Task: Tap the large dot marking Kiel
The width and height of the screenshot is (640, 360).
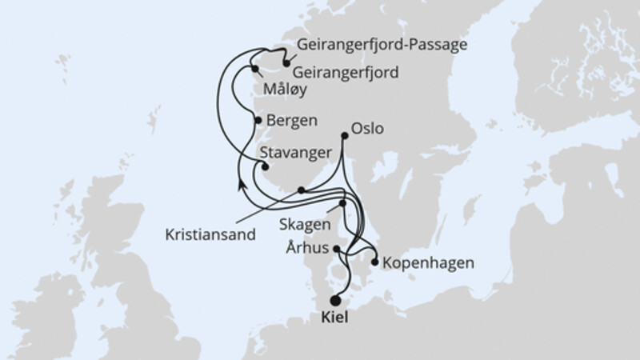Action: tap(335, 301)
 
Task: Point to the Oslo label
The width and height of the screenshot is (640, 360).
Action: tap(368, 129)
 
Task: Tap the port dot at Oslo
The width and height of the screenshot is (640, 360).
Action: tap(345, 136)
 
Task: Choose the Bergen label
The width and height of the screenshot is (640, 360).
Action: tap(292, 121)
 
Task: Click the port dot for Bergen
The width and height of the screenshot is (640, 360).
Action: tap(258, 120)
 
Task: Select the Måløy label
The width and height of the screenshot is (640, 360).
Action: tap(286, 92)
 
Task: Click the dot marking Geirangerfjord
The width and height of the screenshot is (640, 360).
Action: tap(286, 60)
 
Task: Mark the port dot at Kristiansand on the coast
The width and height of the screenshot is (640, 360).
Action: tap(301, 190)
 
